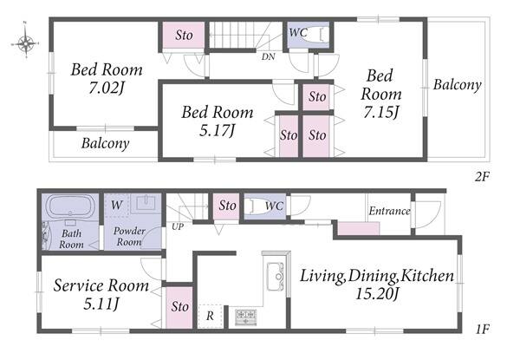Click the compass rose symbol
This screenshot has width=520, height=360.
(25, 43)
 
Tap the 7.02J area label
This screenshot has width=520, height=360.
(107, 88)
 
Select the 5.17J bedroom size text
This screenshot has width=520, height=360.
(218, 130)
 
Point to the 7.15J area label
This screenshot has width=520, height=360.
(381, 112)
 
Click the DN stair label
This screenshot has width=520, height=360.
(269, 56)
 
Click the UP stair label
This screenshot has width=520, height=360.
(178, 226)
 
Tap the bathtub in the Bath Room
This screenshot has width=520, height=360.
(70, 206)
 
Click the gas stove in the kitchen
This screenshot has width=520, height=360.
(246, 317)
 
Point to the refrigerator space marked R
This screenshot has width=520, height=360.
(210, 316)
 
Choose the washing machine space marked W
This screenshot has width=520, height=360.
(116, 206)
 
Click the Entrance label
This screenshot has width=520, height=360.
(390, 211)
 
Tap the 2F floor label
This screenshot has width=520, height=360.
(482, 176)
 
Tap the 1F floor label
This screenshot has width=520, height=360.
(482, 329)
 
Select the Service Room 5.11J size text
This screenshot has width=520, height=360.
(101, 304)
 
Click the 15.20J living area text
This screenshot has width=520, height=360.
(377, 294)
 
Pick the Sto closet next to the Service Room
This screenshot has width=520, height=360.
(179, 307)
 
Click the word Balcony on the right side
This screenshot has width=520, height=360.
(458, 85)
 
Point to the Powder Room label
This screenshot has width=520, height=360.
(129, 236)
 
